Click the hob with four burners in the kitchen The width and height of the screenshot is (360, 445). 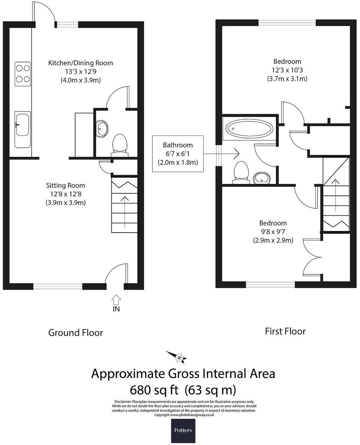(23, 74)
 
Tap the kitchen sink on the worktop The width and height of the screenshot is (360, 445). (23, 124)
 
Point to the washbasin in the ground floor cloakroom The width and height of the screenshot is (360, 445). (102, 128)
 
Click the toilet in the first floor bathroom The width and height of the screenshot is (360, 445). (241, 172)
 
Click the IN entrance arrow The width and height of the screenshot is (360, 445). (116, 300)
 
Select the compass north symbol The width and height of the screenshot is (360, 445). (179, 357)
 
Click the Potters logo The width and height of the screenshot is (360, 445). (183, 430)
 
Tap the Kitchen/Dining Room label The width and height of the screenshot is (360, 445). (80, 63)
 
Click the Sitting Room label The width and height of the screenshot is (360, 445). (66, 186)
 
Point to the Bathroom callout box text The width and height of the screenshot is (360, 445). (178, 154)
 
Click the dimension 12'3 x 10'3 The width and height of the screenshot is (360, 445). (287, 70)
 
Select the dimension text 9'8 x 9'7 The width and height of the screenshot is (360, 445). (273, 232)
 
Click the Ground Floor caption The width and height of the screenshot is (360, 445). (76, 333)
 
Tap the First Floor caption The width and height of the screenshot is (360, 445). (285, 331)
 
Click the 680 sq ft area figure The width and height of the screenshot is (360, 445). (154, 391)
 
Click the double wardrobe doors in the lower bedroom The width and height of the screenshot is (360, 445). (311, 257)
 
